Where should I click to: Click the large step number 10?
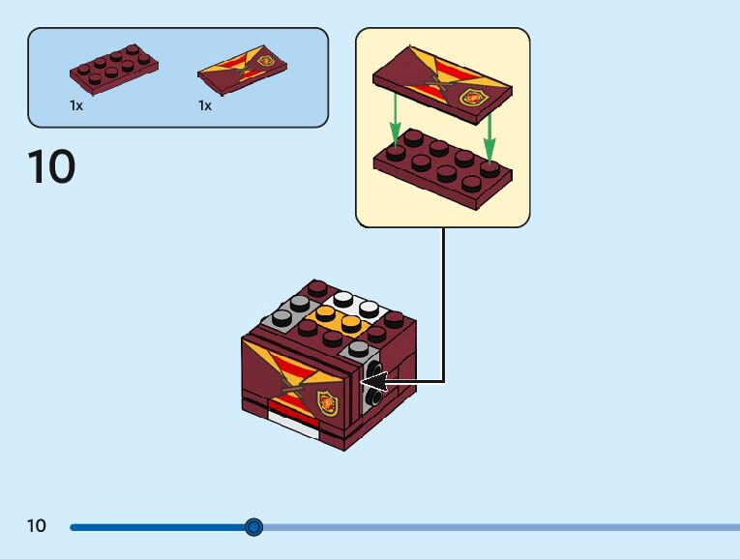pyautogui.click(x=51, y=166)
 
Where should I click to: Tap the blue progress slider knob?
pyautogui.click(x=253, y=526)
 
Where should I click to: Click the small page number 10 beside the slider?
pyautogui.click(x=37, y=525)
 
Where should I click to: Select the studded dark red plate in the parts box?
pyautogui.click(x=114, y=70)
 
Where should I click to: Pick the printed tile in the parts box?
pyautogui.click(x=242, y=70)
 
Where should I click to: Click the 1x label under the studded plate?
pyautogui.click(x=76, y=105)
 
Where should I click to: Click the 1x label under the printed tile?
pyautogui.click(x=205, y=105)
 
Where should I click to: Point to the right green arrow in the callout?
pyautogui.click(x=489, y=136)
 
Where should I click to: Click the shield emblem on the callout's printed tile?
pyautogui.click(x=473, y=98)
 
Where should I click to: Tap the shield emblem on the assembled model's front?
pyautogui.click(x=328, y=404)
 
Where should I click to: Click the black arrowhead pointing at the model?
pyautogui.click(x=374, y=381)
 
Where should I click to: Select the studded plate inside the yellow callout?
pyautogui.click(x=443, y=169)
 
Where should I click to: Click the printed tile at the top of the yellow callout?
pyautogui.click(x=442, y=85)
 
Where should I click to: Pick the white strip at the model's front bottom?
pyautogui.click(x=293, y=424)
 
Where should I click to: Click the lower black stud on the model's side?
pyautogui.click(x=374, y=397)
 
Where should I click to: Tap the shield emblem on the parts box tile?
pyautogui.click(x=266, y=60)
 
